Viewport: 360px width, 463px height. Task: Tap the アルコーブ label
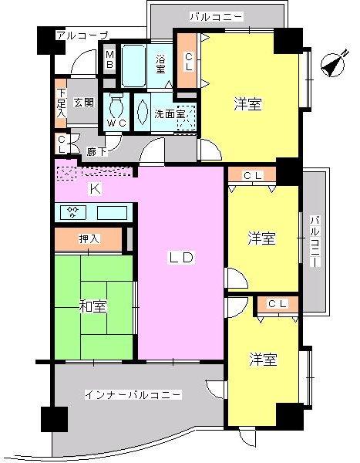pyautogui.click(x=82, y=35)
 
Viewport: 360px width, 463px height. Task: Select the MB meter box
pyautogui.click(x=109, y=60)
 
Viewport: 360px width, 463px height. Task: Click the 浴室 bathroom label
pyautogui.click(x=160, y=64)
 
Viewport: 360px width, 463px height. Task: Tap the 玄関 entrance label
pyautogui.click(x=84, y=103)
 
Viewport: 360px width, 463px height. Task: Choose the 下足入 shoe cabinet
pyautogui.click(x=61, y=101)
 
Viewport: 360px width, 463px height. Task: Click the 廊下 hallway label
pyautogui.click(x=96, y=152)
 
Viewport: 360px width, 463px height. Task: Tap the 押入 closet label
pyautogui.click(x=89, y=240)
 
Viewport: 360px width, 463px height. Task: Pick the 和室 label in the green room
pyautogui.click(x=93, y=306)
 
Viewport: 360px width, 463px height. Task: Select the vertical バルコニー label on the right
pyautogui.click(x=315, y=242)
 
